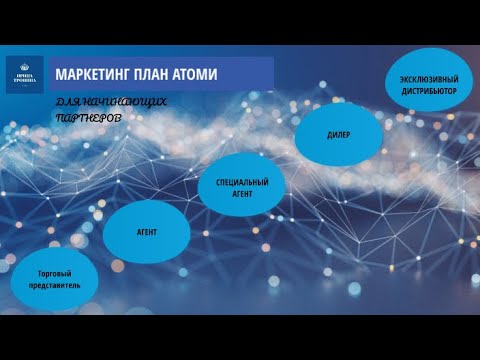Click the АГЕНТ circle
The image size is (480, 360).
pyautogui.click(x=148, y=231)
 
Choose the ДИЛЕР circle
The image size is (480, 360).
pyautogui.click(x=339, y=133)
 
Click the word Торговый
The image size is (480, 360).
pyautogui.click(x=53, y=272)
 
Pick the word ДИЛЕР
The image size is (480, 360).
pyautogui.click(x=339, y=133)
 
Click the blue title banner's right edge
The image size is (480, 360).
pyautogui.click(x=272, y=75)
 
